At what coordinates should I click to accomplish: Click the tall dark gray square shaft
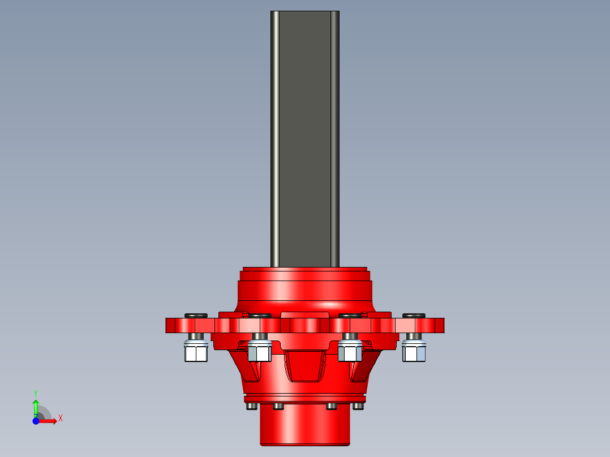(304, 136)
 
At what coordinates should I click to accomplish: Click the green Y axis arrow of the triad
(36, 406)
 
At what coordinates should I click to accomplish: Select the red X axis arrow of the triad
(50, 421)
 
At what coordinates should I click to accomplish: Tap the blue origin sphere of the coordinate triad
(36, 421)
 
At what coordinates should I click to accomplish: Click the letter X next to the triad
(61, 419)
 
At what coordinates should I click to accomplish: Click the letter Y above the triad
(36, 393)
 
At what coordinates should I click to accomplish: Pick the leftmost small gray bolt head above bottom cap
(251, 406)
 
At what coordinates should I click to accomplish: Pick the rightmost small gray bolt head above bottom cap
(358, 406)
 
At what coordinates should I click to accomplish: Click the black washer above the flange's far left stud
(196, 315)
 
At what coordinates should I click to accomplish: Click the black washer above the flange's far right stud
(414, 315)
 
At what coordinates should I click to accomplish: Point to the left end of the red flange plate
(170, 325)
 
